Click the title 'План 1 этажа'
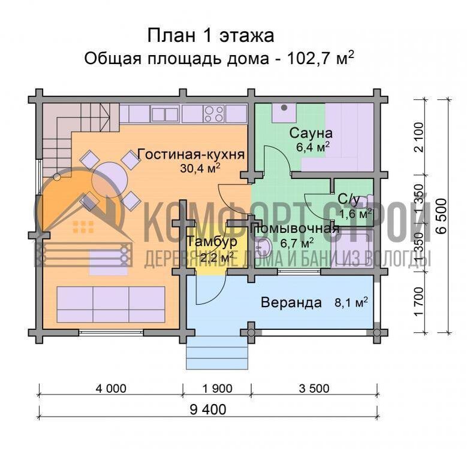tap(210, 35)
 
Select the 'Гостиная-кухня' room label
tap(191, 154)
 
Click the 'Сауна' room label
tap(311, 132)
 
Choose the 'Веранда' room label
tap(291, 302)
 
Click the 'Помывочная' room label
tap(295, 229)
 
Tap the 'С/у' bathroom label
tap(349, 198)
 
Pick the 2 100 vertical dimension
tap(418, 137)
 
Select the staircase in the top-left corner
tap(56, 131)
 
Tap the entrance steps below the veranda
tap(216, 353)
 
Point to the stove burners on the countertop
tap(213, 113)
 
